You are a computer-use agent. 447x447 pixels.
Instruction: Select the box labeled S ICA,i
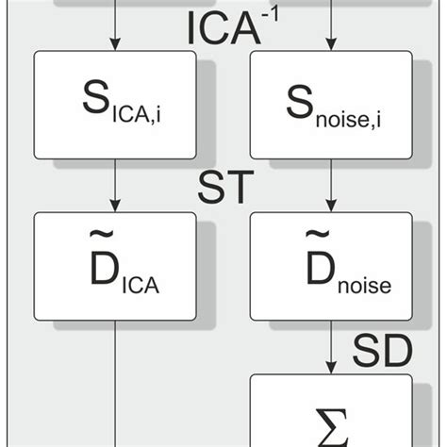115,105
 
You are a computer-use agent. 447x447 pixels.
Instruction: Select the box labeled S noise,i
330,105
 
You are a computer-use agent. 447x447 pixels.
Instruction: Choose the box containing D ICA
115,266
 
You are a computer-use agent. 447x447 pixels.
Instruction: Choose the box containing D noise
330,266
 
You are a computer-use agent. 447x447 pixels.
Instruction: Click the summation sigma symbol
330,423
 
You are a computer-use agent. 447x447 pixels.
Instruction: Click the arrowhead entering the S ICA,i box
115,43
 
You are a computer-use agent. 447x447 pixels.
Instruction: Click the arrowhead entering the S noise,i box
330,43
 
